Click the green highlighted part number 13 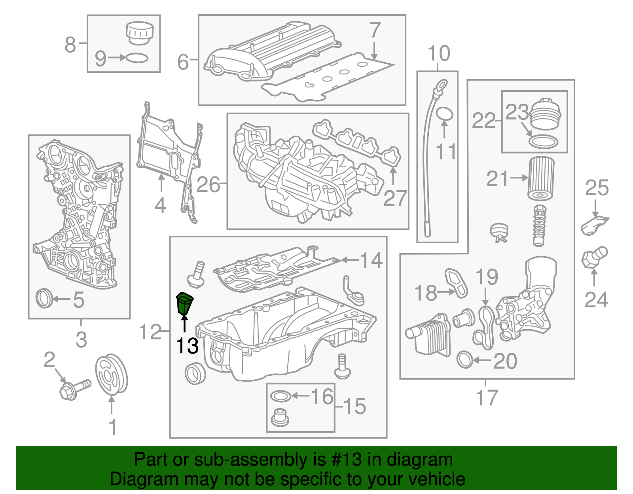184,304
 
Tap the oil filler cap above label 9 139,33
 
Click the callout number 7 374,30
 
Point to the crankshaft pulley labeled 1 112,374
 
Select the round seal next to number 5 44,299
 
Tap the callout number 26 208,184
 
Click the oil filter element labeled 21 541,178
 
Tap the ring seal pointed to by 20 465,360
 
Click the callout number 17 487,397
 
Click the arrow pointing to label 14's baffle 350,260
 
